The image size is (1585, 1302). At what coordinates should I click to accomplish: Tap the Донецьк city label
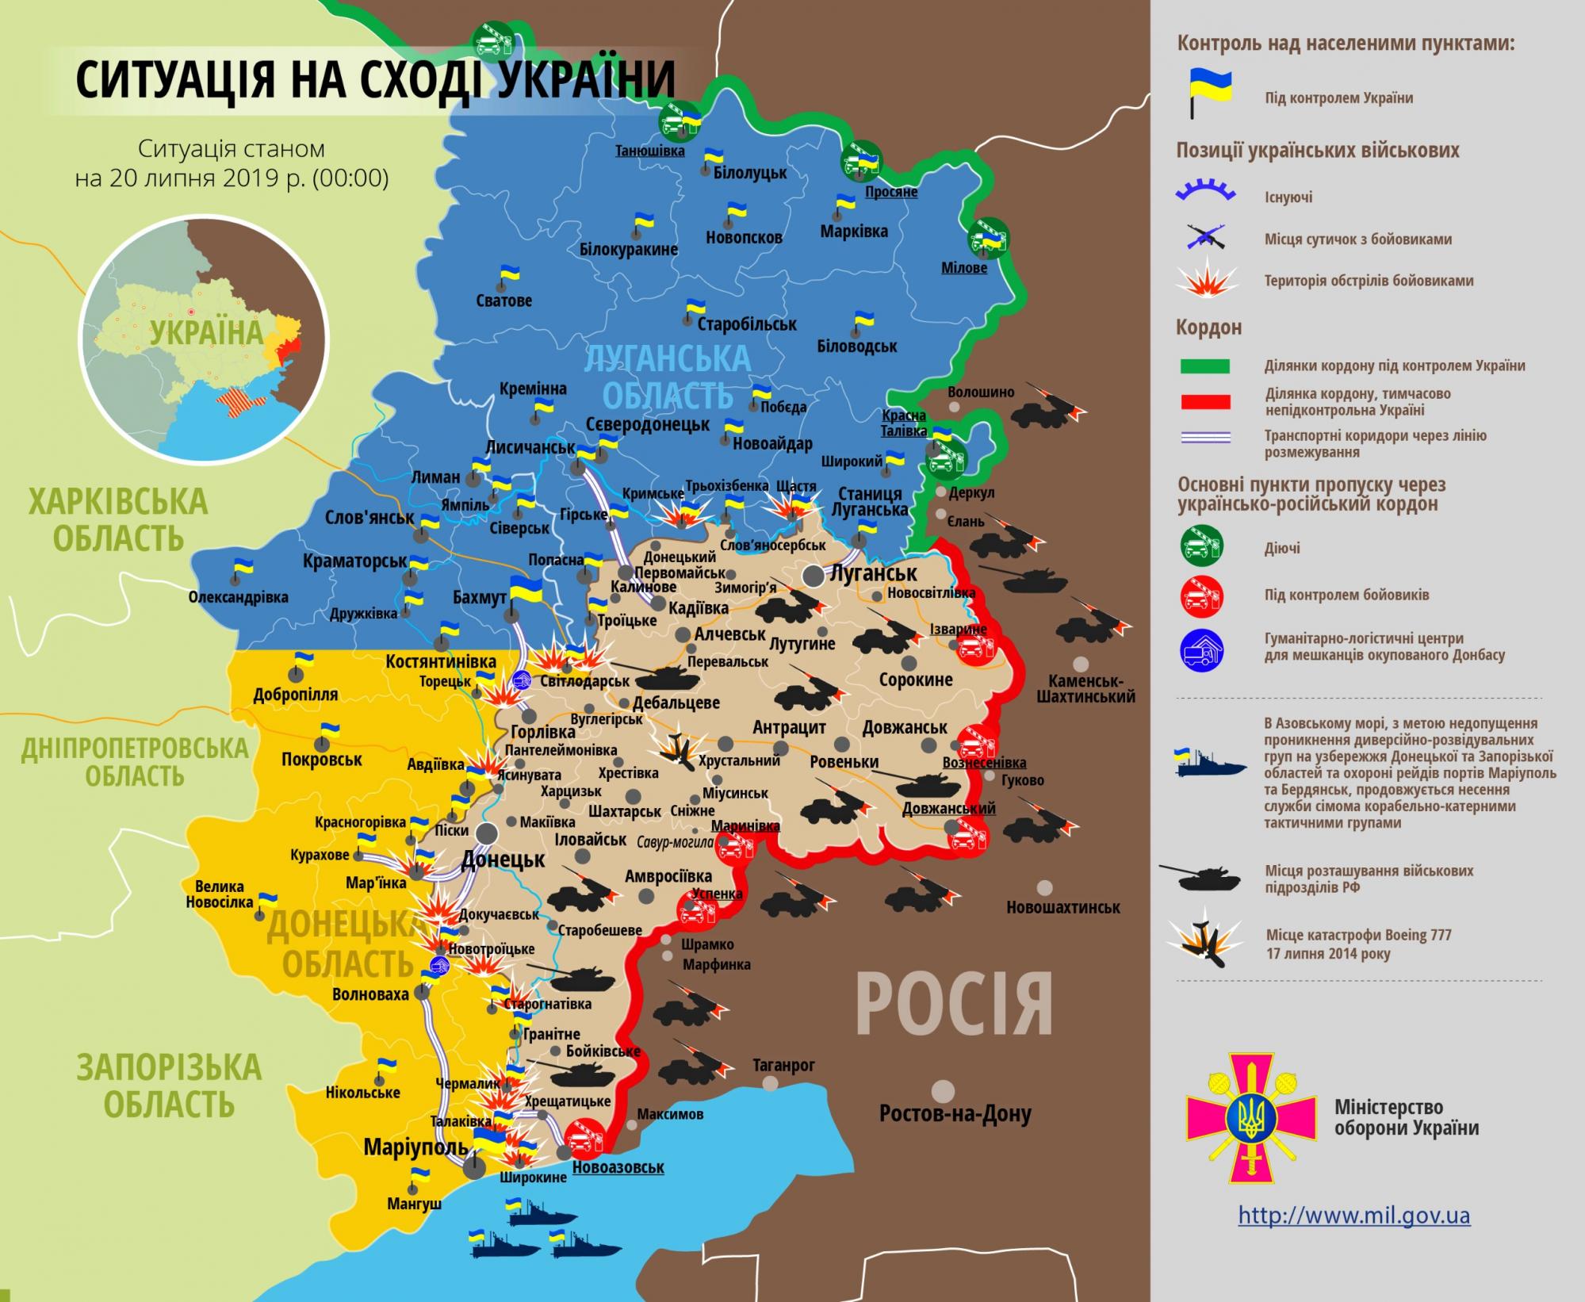(x=503, y=859)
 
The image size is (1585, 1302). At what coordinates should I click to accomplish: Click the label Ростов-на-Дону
(x=955, y=1114)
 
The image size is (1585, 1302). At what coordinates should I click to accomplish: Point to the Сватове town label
(x=503, y=301)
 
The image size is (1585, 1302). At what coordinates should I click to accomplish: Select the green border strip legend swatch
(x=1204, y=366)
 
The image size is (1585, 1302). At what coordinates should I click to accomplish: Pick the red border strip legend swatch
(x=1204, y=402)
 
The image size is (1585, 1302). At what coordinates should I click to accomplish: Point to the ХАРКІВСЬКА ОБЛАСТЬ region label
(x=119, y=520)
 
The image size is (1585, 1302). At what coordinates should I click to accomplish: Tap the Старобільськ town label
(x=746, y=324)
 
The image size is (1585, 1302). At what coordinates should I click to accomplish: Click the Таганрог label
(x=783, y=1065)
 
